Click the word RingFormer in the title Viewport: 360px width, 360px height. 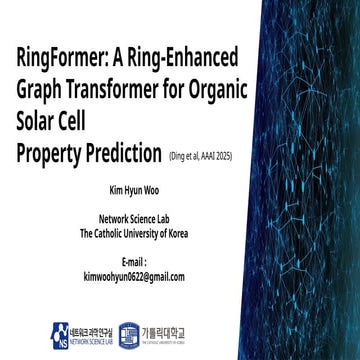click(x=59, y=55)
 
